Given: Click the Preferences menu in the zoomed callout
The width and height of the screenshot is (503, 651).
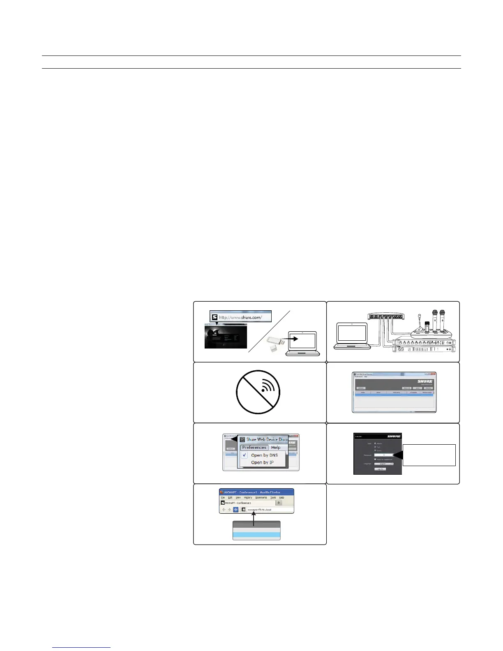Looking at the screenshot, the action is coord(254,448).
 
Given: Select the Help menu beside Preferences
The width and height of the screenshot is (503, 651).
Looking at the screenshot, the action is coord(276,448).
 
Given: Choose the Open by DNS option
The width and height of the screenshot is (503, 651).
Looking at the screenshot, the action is coord(264,455).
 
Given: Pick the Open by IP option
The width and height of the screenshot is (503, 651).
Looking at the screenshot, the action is coord(262,462).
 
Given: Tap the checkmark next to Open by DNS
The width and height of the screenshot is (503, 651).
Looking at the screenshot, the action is coord(245,455).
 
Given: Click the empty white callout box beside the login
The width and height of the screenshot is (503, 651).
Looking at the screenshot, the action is coord(429,455).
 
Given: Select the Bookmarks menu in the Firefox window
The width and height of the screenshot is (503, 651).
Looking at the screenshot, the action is coord(261,497).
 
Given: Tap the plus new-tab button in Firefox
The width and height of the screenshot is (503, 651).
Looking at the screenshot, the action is coord(279,503).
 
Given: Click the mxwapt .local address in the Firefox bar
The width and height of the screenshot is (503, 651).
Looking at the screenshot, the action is coord(265,510).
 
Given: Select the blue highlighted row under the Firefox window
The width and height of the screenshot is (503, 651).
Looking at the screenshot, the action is coord(256,535).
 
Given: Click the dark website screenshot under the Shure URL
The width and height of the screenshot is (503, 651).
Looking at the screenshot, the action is coord(226,337).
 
